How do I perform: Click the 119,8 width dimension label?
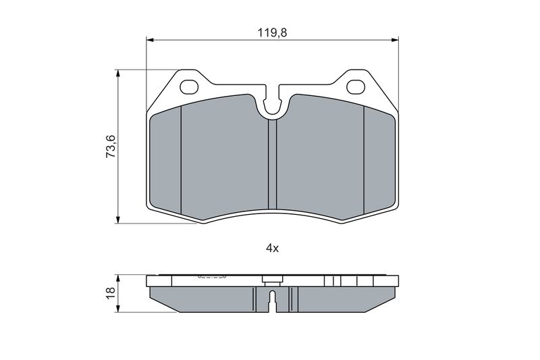pos(272,32)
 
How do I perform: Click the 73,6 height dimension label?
pos(111,147)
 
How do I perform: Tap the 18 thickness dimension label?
pos(111,293)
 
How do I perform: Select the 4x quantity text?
pos(272,248)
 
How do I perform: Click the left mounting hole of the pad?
pos(189,86)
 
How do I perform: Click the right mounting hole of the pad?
pos(356,86)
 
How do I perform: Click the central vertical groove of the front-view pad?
pos(273,164)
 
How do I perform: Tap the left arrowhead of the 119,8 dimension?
pos(149,41)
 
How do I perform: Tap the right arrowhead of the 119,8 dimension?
pos(396,41)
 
